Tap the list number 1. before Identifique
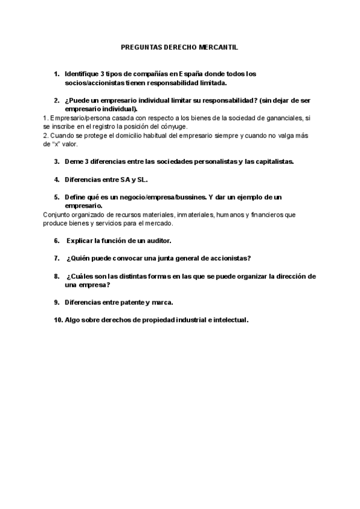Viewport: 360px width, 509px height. point(56,74)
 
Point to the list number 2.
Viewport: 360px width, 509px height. point(56,100)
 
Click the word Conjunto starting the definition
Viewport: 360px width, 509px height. point(57,214)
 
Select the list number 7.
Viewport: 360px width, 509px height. point(56,258)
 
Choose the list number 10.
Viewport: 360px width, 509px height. point(58,320)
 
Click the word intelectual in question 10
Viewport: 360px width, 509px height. point(227,320)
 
